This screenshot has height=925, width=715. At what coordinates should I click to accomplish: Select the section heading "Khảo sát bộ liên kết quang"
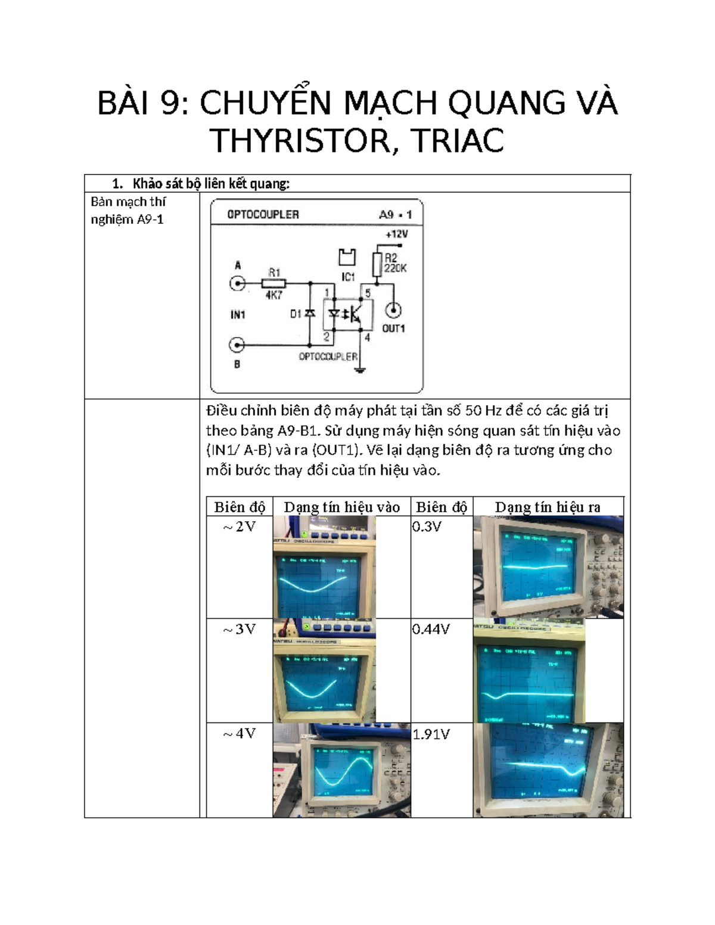point(210,183)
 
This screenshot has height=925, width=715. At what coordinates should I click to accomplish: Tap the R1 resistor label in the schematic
point(274,272)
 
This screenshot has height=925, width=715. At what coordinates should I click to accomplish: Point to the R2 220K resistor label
point(395,263)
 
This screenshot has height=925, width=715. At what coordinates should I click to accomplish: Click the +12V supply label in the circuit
point(396,234)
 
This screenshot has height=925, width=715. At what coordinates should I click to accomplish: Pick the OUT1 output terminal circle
point(393,310)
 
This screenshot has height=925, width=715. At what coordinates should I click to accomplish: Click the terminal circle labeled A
point(238,284)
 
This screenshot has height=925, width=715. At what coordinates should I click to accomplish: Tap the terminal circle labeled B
point(237,345)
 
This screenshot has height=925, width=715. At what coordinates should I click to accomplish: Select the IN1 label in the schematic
point(238,314)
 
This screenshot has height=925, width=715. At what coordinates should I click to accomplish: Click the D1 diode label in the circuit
point(296,314)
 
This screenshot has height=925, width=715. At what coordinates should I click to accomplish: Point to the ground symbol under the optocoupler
point(359,370)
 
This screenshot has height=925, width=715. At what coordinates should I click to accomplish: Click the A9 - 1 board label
point(395,214)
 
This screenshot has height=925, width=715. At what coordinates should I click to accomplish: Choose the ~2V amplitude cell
point(240,527)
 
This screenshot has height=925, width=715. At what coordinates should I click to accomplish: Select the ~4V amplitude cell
point(240,734)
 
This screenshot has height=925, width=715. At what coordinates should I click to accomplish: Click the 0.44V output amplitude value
point(431,629)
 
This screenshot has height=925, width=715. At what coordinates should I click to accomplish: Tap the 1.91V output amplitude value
point(431,734)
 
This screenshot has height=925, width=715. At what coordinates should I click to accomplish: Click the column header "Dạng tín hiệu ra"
point(548,507)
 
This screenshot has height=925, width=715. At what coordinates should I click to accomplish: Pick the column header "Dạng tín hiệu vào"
point(341,507)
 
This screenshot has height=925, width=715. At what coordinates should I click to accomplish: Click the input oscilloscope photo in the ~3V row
point(325,671)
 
